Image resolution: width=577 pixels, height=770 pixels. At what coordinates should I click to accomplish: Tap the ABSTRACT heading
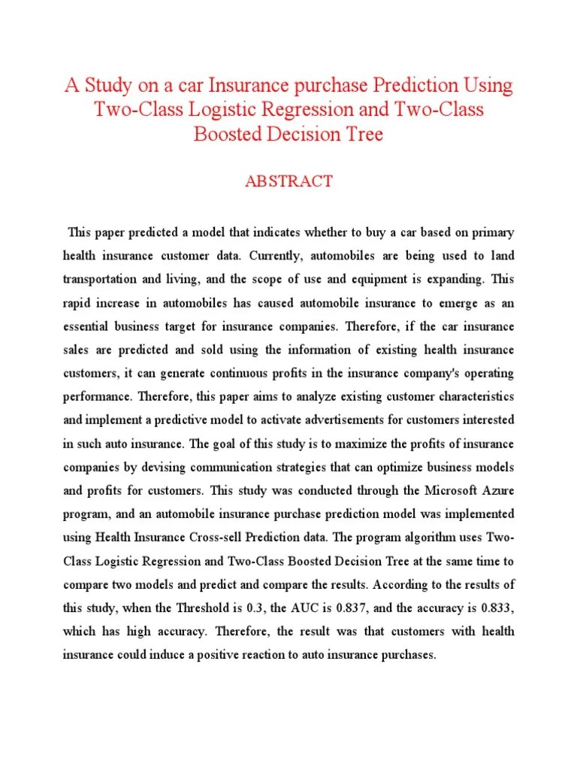coord(288,181)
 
